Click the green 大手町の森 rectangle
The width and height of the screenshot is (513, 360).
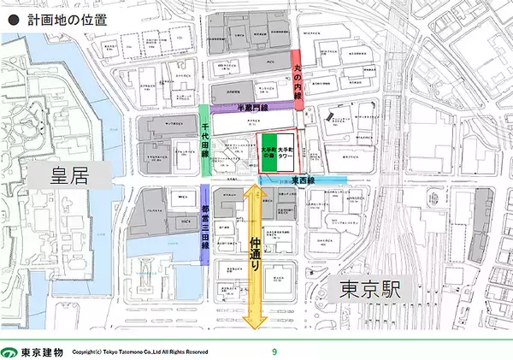click(x=268, y=152)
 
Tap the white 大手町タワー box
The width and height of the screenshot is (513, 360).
click(x=286, y=152)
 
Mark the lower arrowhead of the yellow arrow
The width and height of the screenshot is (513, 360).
click(x=255, y=322)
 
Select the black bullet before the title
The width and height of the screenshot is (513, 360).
click(x=11, y=17)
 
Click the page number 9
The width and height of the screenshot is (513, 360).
click(x=274, y=351)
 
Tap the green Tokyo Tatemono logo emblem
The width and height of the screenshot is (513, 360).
click(x=9, y=351)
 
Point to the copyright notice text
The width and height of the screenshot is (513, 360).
click(x=139, y=351)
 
